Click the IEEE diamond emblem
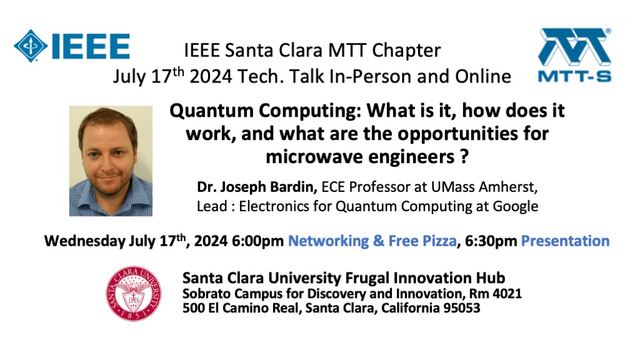[31, 46]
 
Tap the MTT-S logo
[575, 55]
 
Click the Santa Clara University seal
[134, 294]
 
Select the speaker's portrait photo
[111, 161]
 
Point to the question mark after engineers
[464, 156]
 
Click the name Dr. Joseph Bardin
[257, 187]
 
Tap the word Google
[516, 206]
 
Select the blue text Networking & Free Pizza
[372, 241]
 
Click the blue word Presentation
[565, 241]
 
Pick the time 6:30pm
[491, 241]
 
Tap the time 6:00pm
[257, 241]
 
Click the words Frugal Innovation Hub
[425, 278]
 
